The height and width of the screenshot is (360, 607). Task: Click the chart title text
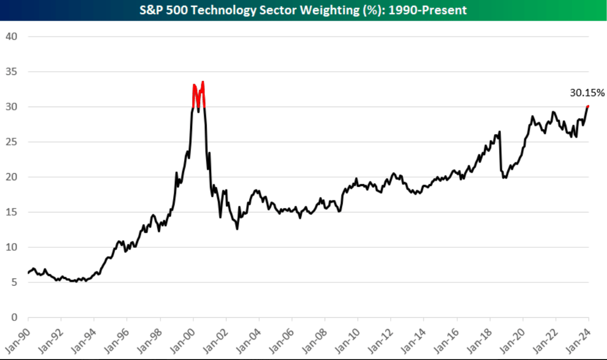303,10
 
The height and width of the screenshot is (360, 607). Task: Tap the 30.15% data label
587,93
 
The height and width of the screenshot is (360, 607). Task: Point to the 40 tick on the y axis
11,37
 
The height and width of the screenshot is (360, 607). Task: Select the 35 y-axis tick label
11,72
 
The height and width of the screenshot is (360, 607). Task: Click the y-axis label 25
11,142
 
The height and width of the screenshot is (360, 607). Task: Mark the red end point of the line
588,106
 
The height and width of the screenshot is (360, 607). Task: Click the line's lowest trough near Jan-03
237,229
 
